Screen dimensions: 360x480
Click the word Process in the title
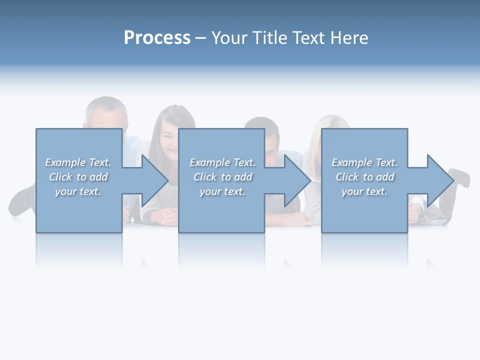157,38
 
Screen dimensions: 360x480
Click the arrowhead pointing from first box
153,181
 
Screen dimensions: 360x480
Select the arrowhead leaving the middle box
296,181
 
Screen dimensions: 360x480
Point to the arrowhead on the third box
439,181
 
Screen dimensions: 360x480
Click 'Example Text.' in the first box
78,162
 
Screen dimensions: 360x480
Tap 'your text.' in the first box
78,191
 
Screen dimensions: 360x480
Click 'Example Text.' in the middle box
222,162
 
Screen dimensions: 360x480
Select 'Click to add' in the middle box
222,177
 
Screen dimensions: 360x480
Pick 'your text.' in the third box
364,191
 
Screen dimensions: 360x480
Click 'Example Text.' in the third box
364,162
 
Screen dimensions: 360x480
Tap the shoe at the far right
460,177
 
